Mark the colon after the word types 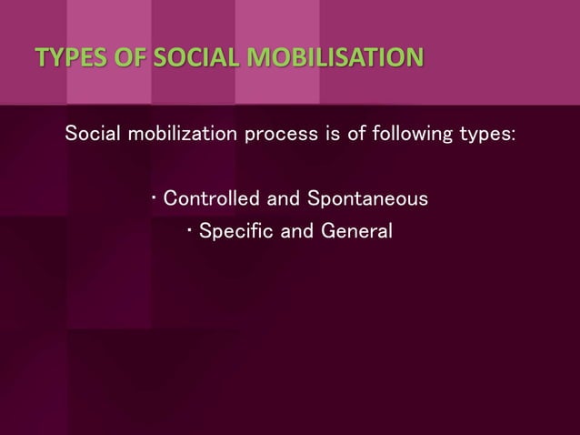tap(514, 137)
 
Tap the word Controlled tap(208, 197)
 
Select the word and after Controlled tap(281, 197)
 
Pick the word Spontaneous tap(368, 198)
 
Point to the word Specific tap(235, 232)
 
